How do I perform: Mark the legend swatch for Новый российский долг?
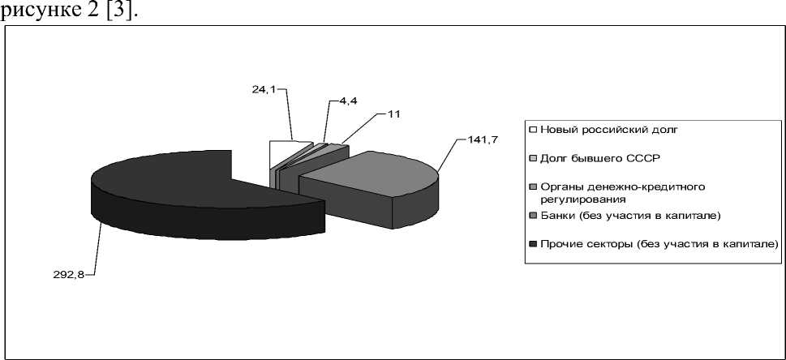tap(532, 129)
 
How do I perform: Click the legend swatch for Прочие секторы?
tap(532, 242)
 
